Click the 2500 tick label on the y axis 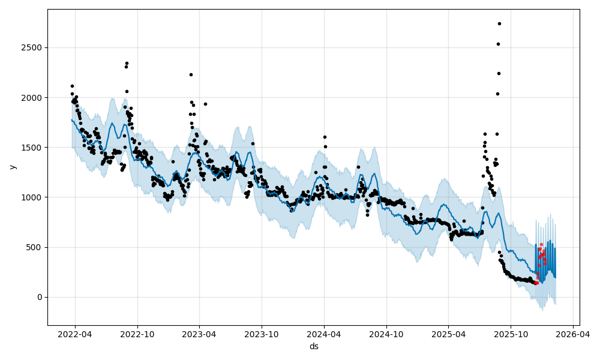(x=34, y=47)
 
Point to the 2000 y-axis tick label (x=34, y=97)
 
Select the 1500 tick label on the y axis (x=34, y=147)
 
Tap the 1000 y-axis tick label (x=34, y=197)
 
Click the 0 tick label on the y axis (x=40, y=297)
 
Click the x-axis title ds (x=314, y=346)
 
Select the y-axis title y (x=12, y=167)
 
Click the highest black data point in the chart (x=499, y=23)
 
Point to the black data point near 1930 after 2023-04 (x=205, y=104)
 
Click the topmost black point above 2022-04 (x=72, y=86)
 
